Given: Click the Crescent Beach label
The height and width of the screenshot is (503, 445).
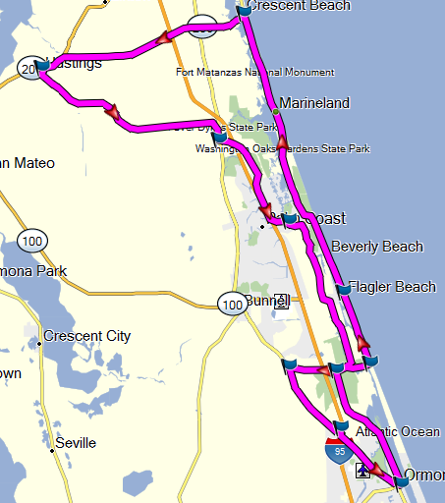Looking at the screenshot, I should [299, 6].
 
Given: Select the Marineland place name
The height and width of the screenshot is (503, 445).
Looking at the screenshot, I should [314, 102].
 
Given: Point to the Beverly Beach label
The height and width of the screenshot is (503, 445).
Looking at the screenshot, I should [377, 247].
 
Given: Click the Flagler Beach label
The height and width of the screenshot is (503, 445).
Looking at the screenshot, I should [392, 287].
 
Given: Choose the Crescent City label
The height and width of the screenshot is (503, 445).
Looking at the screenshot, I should [87, 336].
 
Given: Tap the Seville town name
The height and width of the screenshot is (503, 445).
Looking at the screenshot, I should [76, 443].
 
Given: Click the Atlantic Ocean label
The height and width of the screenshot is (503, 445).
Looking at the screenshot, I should [398, 431].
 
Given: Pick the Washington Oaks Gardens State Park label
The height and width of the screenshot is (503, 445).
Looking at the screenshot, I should [282, 148].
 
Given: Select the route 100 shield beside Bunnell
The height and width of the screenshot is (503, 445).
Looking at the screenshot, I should [232, 306].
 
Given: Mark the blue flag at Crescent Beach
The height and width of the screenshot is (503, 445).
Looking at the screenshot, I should [244, 13].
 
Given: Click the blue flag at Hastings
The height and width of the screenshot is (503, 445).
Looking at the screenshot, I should [41, 66].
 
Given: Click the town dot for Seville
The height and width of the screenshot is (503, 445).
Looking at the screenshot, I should [52, 451].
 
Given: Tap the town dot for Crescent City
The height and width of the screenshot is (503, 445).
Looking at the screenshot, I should [39, 344].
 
